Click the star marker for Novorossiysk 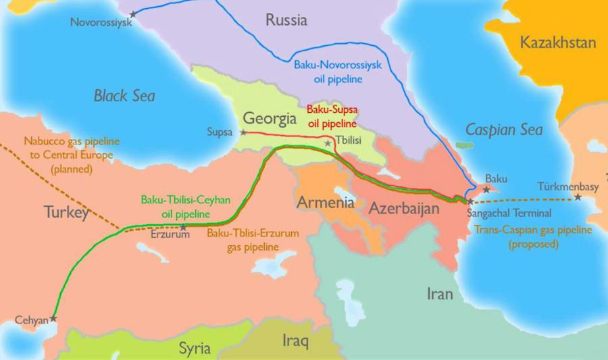click(133, 13)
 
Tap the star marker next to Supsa click(243, 132)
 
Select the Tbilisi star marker click(328, 143)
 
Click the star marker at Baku click(486, 189)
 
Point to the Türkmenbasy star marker click(578, 197)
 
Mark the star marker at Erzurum click(183, 227)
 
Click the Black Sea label click(124, 96)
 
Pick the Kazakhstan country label click(558, 43)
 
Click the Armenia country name click(325, 203)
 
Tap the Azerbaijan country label click(404, 209)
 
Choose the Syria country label click(195, 349)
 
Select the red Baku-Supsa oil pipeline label click(332, 115)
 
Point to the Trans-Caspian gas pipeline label click(534, 236)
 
